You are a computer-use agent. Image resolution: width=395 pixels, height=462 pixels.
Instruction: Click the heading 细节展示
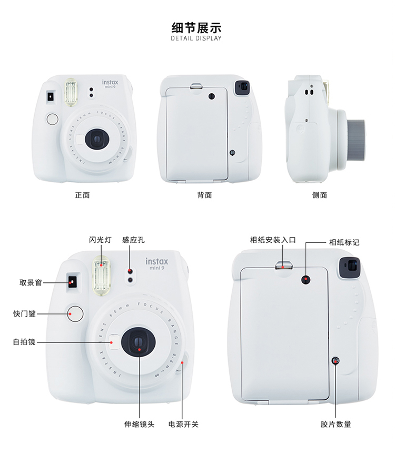click(196, 27)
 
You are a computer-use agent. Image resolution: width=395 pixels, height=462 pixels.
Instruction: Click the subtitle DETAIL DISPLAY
click(196, 38)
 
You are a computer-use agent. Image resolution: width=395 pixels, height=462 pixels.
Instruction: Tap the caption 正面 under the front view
click(82, 195)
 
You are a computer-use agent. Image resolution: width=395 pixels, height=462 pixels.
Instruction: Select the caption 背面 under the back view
click(205, 195)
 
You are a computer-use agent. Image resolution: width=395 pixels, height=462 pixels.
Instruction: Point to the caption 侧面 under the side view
click(319, 195)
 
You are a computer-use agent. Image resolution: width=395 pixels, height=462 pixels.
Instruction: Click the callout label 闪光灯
click(100, 240)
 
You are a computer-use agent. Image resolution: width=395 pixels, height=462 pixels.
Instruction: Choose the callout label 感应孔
click(133, 240)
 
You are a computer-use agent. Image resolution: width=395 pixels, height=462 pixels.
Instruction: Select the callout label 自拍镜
click(24, 342)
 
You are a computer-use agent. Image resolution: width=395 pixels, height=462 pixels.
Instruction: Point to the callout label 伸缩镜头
click(139, 424)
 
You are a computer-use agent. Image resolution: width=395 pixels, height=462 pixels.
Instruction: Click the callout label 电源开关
click(183, 424)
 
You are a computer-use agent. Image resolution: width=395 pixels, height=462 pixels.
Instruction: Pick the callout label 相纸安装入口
click(273, 240)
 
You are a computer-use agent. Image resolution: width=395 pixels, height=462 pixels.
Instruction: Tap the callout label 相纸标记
click(344, 242)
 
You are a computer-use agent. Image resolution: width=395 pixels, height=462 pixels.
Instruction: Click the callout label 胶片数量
click(335, 424)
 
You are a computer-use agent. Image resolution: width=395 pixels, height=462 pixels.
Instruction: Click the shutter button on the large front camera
click(75, 313)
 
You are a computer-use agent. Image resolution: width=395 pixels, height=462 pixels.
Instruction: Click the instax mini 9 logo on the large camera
click(157, 264)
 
